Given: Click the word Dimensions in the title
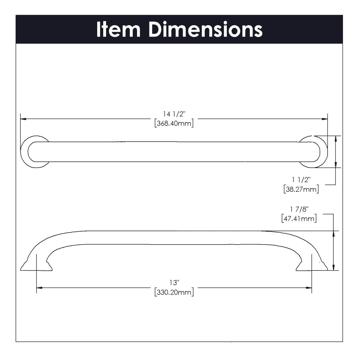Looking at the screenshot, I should point(205,30).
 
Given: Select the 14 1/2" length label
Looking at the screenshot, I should point(174,114).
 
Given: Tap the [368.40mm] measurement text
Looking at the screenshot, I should point(174,123).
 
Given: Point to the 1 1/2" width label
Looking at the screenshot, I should point(301,180).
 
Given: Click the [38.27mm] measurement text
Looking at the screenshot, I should point(301,189).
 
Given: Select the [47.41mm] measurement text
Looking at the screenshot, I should point(299,218).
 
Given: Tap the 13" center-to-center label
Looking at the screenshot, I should point(174,283).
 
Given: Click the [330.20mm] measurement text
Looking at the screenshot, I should point(174,292).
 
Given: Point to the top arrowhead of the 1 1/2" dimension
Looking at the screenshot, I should point(335,138).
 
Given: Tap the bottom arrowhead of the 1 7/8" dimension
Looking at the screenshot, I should point(333,268).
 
